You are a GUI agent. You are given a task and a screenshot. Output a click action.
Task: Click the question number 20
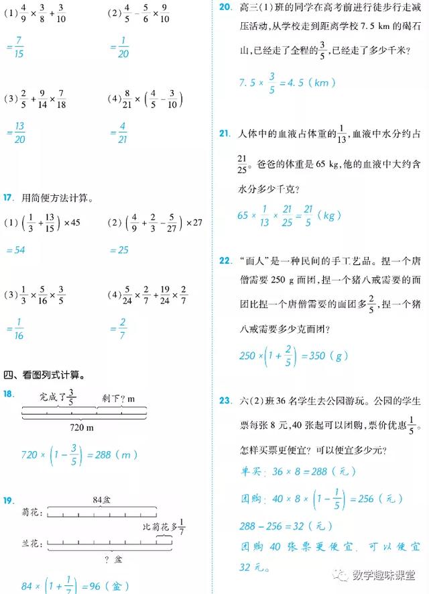pyautogui.click(x=225, y=7)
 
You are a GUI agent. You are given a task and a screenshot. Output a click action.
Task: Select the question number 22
pyautogui.click(x=225, y=260)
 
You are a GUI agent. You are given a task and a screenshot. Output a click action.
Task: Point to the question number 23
pyautogui.click(x=225, y=401)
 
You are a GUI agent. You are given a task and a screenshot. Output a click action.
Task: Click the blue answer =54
pyautogui.click(x=15, y=250)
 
